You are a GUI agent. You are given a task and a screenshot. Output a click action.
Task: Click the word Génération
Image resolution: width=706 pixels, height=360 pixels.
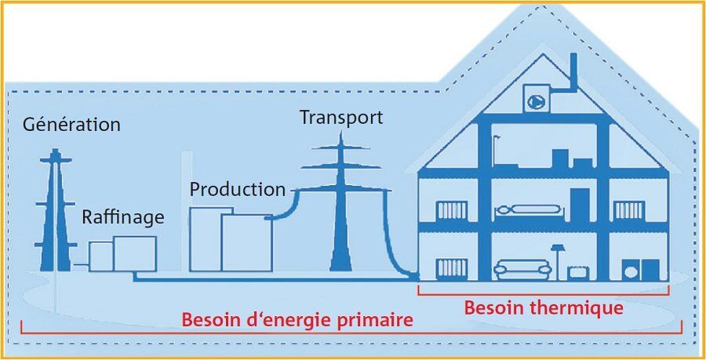72,124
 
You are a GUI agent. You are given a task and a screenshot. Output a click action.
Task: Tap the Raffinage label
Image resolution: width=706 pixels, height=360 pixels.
123,217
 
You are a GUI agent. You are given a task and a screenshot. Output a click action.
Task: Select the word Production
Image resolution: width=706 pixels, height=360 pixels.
237,189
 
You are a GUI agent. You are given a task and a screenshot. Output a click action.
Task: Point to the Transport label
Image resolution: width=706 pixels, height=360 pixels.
341,118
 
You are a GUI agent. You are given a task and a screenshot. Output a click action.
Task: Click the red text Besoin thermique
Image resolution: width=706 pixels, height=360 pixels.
544,307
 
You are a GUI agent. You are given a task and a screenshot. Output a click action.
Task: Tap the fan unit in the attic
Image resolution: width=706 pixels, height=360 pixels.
538,99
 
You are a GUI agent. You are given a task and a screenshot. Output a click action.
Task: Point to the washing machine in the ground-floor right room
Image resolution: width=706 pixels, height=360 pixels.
631,269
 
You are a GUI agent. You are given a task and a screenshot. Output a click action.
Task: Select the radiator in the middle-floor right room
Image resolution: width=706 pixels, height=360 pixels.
628,209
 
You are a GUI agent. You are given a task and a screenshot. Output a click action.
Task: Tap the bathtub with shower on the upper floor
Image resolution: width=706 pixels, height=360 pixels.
518,157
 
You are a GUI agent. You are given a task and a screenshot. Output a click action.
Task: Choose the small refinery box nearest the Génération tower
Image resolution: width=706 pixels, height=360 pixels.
100,256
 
